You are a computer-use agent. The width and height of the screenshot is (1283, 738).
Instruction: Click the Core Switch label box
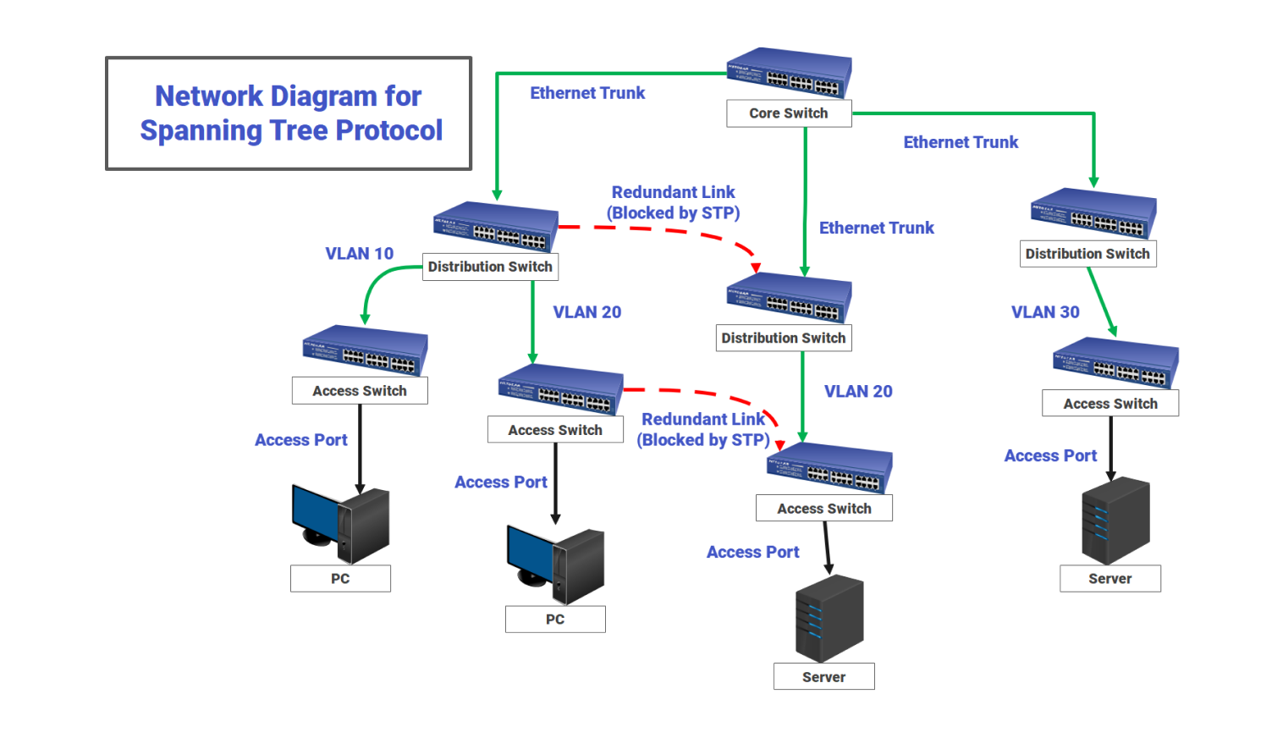789,113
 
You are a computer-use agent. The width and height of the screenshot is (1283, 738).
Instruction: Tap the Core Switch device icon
789,73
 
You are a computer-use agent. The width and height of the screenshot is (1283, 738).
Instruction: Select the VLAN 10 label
360,254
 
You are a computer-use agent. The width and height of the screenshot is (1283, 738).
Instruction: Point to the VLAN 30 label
1045,312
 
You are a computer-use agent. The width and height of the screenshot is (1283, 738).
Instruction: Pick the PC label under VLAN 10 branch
340,579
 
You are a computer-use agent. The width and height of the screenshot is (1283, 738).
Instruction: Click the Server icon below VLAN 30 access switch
1115,520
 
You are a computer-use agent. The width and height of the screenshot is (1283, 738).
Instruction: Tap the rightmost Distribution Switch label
1088,254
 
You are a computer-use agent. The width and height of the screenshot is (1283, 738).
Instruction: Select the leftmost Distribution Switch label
490,267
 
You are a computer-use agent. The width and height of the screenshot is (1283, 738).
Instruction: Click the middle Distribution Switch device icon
789,298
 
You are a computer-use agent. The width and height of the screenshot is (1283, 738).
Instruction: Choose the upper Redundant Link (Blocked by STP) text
674,203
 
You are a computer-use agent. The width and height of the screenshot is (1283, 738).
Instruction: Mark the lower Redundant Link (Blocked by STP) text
703,430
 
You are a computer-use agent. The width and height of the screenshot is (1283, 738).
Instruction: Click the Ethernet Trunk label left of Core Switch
587,93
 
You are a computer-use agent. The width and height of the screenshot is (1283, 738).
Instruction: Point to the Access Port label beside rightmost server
1050,456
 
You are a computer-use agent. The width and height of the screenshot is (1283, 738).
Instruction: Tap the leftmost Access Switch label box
360,391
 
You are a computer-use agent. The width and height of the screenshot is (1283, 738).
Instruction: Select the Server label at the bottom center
823,677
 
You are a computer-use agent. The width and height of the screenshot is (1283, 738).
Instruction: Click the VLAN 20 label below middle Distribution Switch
858,392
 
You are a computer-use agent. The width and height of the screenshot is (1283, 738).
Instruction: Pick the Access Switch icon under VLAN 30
1115,363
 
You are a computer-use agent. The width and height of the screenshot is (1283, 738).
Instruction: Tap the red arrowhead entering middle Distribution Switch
756,267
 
